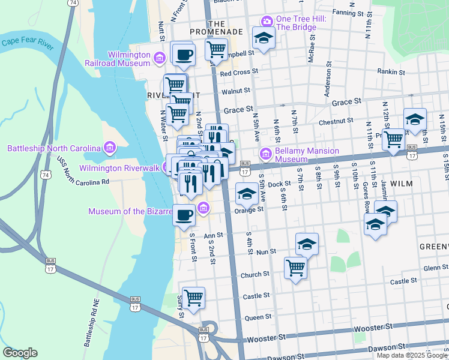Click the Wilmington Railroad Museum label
pyautogui.click(x=128, y=58)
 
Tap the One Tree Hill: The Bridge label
pyautogui.click(x=301, y=23)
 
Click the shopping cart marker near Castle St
pyautogui.click(x=193, y=298)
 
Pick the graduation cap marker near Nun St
pyautogui.click(x=307, y=244)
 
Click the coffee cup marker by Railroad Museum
pyautogui.click(x=184, y=53)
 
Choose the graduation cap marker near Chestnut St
pyautogui.click(x=415, y=119)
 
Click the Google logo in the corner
pyautogui.click(x=20, y=353)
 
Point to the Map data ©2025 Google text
pyautogui.click(x=412, y=355)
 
